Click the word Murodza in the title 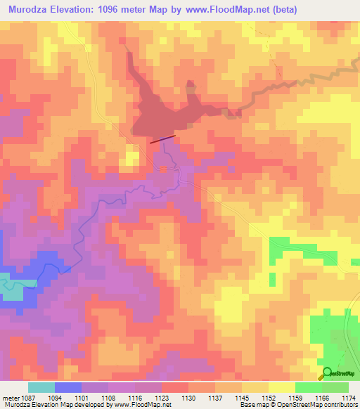coord(31,10)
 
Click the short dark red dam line coord(161,139)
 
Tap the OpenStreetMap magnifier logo coord(327,373)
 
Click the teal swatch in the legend coord(41,387)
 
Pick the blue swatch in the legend coord(68,387)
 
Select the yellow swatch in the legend coord(282,387)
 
